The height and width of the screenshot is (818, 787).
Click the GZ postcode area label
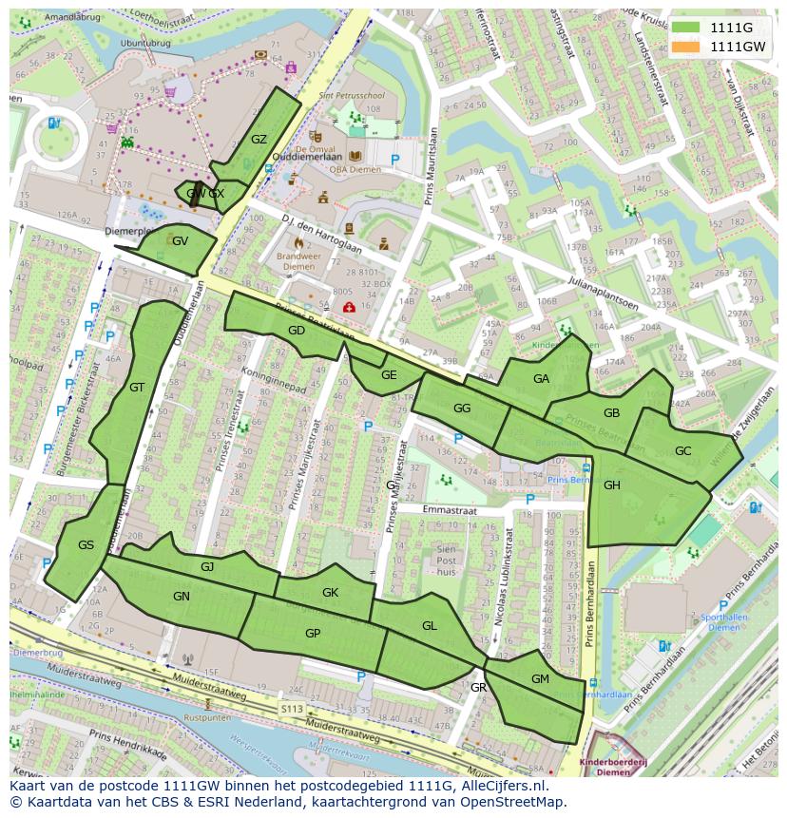coord(259,139)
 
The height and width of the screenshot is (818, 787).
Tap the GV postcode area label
coord(180,240)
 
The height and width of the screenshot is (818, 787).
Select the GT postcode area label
coord(137,387)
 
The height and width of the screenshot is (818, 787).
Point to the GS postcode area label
coord(86,545)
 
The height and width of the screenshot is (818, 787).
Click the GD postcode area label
coord(296,331)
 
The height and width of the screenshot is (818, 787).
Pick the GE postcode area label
coord(388,374)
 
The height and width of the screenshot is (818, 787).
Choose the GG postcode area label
coord(462,409)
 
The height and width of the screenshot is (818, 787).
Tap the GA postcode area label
coord(541,378)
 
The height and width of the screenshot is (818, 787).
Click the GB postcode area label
coord(611,412)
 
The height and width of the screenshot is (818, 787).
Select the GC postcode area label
coord(682,451)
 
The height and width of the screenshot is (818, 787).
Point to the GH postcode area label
coord(611,485)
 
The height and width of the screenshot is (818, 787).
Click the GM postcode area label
coord(540,678)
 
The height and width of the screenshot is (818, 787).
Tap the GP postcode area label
coord(312,634)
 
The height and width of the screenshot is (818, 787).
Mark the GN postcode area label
coord(182,596)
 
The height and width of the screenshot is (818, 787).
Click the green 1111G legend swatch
coord(684,27)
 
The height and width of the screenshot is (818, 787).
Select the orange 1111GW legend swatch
coord(684,46)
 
